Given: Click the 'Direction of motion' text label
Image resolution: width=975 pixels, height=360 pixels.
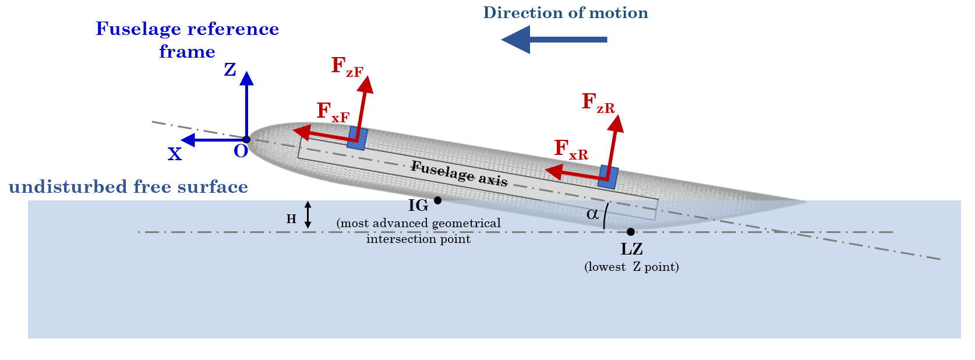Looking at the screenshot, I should pos(565,13).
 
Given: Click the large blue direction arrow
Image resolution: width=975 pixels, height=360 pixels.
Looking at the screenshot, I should pos(553,40).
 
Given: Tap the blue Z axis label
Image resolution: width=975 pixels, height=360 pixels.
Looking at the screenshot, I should pos(230,70).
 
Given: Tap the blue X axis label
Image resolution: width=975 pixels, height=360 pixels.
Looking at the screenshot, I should pos(175,154).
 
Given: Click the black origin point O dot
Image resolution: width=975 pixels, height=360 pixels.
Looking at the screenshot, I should pos(246,139).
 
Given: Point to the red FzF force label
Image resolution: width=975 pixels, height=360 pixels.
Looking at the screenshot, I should pos(347,66).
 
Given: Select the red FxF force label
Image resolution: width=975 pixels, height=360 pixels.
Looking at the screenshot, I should pos(333,112).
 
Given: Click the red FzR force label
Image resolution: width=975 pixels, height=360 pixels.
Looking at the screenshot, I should pos(598,103).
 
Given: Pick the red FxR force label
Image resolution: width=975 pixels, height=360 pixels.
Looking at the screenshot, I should pos(570,150).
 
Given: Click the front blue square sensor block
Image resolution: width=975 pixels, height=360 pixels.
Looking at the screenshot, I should pos(357,139).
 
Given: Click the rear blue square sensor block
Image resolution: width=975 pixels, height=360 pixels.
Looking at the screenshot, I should pos(608,177).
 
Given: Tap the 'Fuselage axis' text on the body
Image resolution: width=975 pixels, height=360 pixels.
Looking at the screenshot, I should pos(459,174).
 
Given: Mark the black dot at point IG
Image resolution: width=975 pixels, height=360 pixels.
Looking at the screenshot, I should pos(437,200).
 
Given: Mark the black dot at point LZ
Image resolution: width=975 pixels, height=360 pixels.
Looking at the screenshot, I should pos(630,232).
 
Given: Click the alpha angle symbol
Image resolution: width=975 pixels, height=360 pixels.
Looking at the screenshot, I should pos(592,214).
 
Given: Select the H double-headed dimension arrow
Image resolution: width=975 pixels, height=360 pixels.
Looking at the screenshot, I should pos(308,214).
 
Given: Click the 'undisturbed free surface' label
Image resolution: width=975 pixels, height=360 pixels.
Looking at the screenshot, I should pos(128,187).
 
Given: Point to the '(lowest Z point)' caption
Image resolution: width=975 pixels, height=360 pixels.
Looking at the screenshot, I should pos(631,267).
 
